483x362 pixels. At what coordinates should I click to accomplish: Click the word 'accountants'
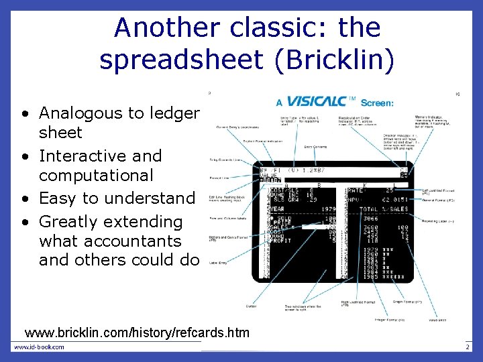click(110, 241)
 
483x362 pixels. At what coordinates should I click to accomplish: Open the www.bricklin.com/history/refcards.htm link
click(137, 333)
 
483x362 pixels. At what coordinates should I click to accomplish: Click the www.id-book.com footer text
click(40, 347)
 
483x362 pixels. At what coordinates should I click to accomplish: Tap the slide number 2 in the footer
click(467, 347)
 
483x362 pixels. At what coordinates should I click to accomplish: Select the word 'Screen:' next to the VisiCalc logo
click(377, 103)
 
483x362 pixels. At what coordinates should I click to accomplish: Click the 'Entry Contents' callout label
click(315, 146)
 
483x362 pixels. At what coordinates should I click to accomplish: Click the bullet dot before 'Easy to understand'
click(23, 199)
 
